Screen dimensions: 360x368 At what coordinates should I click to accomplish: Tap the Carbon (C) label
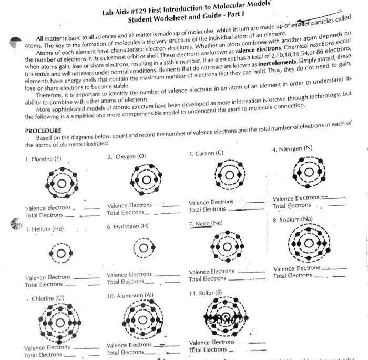point(206,153)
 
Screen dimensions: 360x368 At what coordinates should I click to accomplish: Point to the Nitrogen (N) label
point(292,149)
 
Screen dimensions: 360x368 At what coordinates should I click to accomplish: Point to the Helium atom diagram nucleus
point(61,253)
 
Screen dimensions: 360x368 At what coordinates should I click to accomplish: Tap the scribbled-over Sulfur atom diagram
point(226,317)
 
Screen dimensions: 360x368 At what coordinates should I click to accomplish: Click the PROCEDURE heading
point(43,130)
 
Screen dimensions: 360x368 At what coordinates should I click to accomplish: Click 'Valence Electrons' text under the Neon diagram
point(211,272)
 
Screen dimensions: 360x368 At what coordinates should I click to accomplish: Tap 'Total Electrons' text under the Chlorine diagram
point(44,355)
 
